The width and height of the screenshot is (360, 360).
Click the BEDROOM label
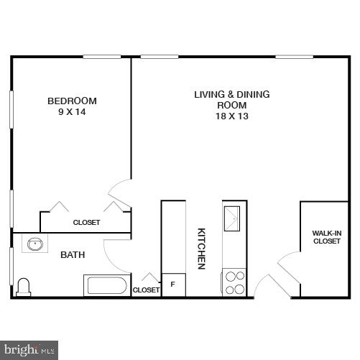[x=72, y=101]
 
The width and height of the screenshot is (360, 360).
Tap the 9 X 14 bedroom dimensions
[x=72, y=112]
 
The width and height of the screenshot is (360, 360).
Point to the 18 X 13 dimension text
[x=232, y=116]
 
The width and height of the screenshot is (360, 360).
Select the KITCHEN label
[x=202, y=248]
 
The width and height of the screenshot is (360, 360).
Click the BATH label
[x=73, y=254]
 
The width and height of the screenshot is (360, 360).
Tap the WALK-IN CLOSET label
[x=326, y=237]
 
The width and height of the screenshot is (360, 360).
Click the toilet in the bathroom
[x=24, y=287]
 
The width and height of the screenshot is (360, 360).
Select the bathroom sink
[x=34, y=244]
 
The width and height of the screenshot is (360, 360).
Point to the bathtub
[x=107, y=286]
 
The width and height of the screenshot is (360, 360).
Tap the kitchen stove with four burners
[x=234, y=282]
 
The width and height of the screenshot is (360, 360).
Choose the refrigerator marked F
[x=172, y=285]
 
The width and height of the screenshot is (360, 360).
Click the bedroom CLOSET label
[x=86, y=223]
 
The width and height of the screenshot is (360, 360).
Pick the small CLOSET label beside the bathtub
[x=146, y=290]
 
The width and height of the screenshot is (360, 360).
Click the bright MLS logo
[x=29, y=350]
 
